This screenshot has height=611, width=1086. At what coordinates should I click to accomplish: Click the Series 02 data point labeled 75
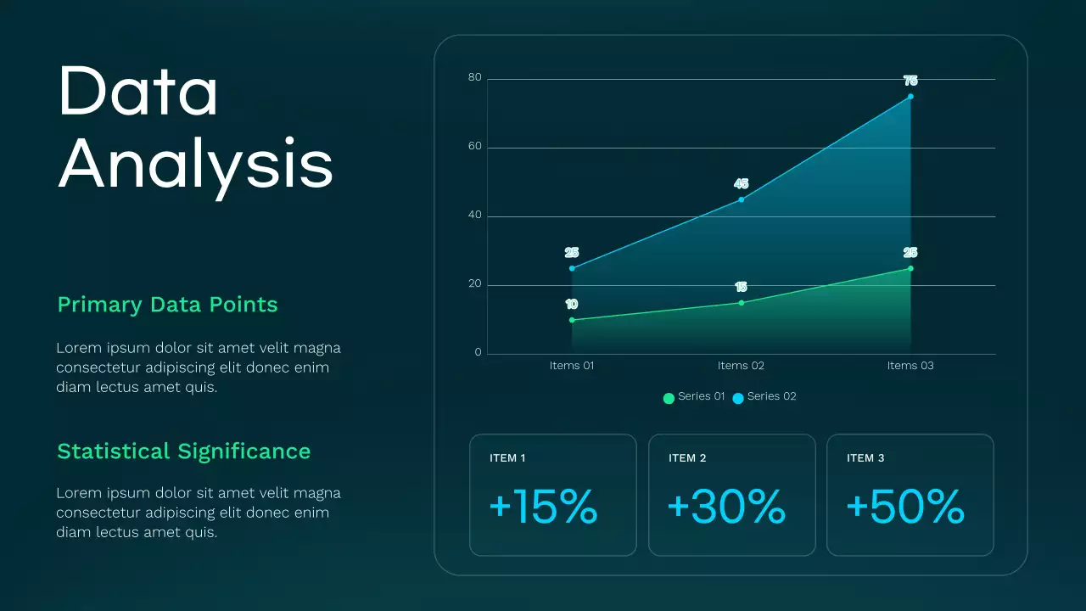910,97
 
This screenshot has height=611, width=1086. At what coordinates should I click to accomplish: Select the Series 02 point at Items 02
742,199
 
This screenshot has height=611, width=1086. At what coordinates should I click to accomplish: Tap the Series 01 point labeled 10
572,320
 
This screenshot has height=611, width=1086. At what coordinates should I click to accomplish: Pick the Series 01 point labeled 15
742,303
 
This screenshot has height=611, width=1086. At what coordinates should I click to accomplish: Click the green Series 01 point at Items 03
910,268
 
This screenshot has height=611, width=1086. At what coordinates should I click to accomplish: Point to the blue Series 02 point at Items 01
572,268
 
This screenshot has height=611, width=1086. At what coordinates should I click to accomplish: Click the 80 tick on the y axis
474,78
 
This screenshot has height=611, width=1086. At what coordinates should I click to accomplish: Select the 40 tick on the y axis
474,216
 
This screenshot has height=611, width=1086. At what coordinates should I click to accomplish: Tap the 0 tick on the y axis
478,352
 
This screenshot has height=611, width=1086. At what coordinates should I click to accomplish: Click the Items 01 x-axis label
572,366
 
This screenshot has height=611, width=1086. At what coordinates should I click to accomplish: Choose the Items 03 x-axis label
910,366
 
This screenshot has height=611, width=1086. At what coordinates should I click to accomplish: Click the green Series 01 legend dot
669,398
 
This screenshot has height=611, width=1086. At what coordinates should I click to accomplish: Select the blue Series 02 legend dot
738,398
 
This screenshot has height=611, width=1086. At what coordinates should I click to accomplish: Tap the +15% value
544,507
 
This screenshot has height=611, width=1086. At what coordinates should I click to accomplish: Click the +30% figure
726,507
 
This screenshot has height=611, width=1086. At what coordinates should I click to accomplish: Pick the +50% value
905,507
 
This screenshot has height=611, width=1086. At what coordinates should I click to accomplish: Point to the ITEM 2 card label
687,458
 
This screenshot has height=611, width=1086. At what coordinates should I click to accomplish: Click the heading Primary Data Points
167,305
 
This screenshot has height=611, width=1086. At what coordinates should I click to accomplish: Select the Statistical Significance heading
183,451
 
